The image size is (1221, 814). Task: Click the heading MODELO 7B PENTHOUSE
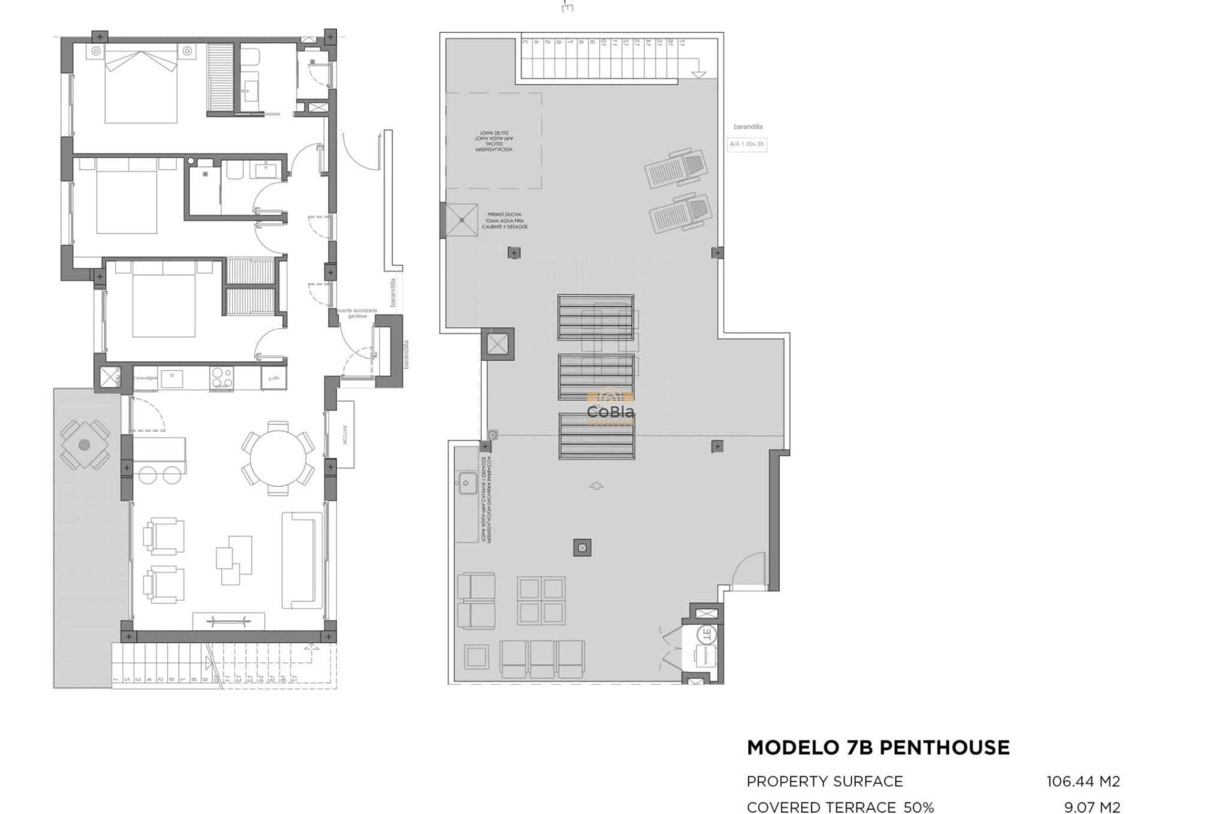[878, 747]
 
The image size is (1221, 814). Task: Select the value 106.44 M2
[1082, 781]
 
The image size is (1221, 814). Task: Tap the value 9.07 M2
[1091, 807]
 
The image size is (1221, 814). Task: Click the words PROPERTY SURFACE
[824, 781]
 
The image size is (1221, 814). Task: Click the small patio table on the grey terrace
[84, 445]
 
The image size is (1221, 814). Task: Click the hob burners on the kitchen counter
[221, 378]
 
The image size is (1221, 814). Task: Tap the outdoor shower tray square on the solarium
[462, 220]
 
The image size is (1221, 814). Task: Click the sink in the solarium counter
[466, 483]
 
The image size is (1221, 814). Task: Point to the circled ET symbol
[707, 634]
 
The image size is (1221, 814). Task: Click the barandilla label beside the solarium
[747, 127]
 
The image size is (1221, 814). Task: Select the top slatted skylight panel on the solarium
[596, 317]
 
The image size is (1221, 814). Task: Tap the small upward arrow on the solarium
[596, 486]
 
